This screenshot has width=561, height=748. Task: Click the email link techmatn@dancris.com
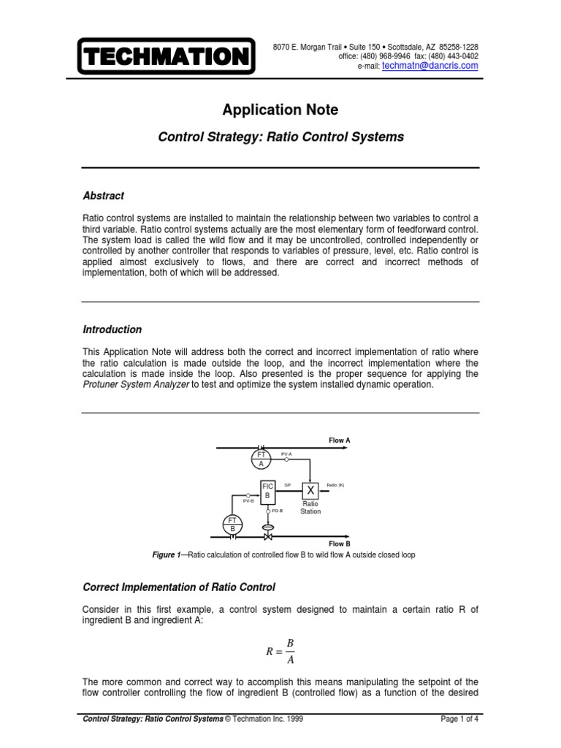(430, 66)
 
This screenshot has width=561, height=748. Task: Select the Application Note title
(280, 110)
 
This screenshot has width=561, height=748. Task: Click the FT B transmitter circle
(232, 524)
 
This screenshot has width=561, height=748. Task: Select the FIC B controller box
(267, 489)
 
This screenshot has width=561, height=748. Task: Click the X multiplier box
(310, 490)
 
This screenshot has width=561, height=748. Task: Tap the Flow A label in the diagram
(340, 440)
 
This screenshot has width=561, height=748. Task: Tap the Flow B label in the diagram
(340, 544)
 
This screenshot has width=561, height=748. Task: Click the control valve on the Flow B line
(267, 536)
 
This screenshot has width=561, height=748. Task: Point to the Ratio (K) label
(335, 484)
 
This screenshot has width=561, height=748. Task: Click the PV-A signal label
(286, 454)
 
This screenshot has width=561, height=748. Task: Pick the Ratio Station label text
(310, 508)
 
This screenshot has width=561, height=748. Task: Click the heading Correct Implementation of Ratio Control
(180, 587)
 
